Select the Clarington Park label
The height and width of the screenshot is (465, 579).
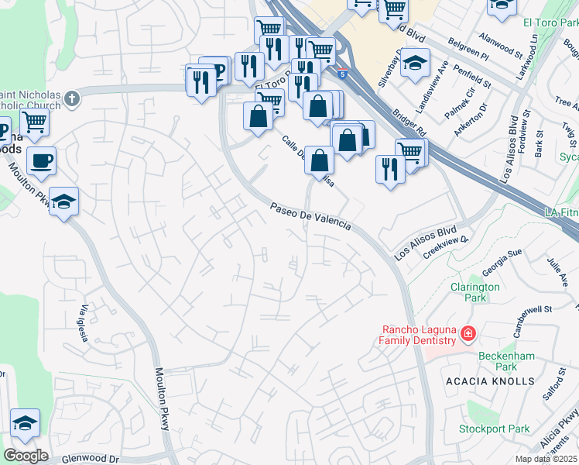[475, 292]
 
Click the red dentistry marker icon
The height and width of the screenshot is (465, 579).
[468, 334]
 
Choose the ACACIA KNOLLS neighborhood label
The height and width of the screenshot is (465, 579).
[490, 381]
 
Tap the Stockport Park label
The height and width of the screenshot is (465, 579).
[494, 429]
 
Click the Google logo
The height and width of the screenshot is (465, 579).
[25, 456]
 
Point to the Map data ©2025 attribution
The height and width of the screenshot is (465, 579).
[546, 460]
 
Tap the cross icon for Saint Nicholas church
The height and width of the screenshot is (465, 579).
[72, 98]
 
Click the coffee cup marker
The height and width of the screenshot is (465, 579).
[41, 161]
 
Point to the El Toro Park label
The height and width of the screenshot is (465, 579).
[551, 23]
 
